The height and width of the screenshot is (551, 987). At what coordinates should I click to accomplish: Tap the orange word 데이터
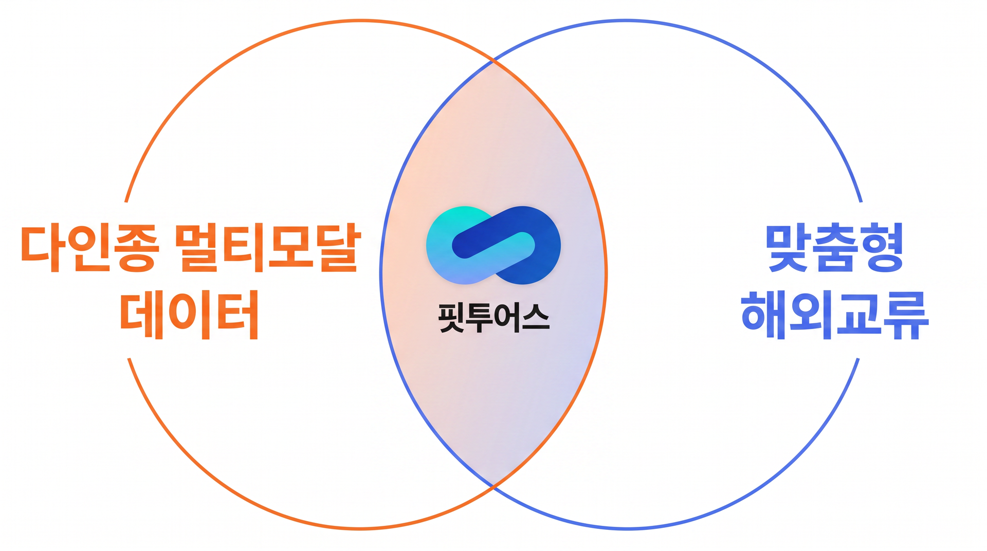coord(189,315)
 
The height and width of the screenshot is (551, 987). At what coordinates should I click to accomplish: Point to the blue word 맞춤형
coord(834,248)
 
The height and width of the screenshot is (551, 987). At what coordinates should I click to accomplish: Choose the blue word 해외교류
coord(835,315)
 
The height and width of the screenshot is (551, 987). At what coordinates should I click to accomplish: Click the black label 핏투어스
coord(493,318)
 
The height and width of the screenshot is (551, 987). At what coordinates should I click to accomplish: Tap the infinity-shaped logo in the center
coord(493,245)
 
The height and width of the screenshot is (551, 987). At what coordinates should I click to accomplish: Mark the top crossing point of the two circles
coord(493,61)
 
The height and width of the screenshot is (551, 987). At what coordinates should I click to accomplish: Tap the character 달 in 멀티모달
coord(339,248)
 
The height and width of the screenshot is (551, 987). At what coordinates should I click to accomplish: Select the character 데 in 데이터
coord(141,315)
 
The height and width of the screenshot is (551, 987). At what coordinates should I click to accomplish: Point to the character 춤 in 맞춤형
coord(834,248)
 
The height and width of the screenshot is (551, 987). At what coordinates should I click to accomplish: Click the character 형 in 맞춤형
coord(881,248)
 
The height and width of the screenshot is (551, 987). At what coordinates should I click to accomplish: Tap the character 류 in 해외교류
coord(906,315)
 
